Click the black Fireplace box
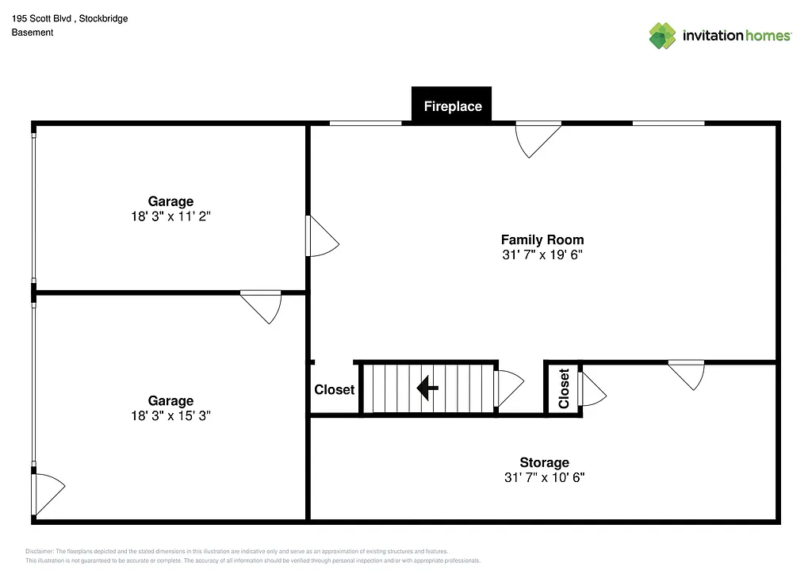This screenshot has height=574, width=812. coord(452,105)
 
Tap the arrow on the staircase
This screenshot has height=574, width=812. coord(428,388)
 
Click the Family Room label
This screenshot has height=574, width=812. coord(542,239)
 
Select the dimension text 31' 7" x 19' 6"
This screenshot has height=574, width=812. coord(542,254)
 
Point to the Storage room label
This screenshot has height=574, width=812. coord(544,462)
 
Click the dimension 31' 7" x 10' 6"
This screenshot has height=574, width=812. coord(544,477)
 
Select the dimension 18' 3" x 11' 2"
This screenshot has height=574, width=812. coord(170,216)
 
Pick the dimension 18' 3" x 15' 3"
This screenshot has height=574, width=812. coord(170,415)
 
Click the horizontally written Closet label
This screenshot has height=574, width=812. coord(334,389)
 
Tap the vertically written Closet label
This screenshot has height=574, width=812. coord(564,388)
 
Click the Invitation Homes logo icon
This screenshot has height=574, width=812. coord(662,36)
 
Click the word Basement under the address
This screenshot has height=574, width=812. coord(33,33)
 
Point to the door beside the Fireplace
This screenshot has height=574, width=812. coord(537,138)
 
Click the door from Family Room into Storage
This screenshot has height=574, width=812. coord(687,373)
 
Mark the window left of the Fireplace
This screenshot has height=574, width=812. coord(366,123)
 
